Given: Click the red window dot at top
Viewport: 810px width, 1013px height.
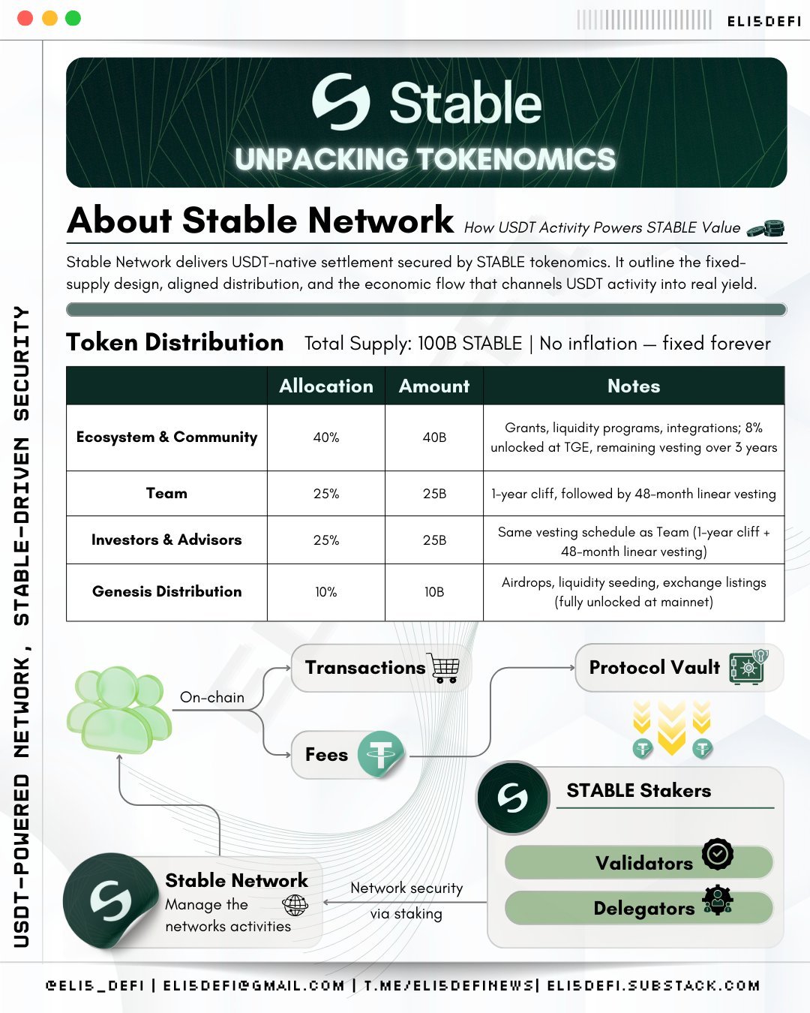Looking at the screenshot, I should click(x=25, y=18).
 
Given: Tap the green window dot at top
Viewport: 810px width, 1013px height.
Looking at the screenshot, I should click(x=73, y=18).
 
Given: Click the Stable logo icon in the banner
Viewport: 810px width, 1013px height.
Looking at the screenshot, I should click(x=341, y=102).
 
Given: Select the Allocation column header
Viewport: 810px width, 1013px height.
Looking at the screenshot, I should click(x=326, y=386).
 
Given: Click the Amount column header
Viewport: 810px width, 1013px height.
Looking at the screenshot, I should click(x=434, y=386).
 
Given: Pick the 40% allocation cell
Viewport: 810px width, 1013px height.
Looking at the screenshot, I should click(x=326, y=437).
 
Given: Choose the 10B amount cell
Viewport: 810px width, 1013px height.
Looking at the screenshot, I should click(x=434, y=592).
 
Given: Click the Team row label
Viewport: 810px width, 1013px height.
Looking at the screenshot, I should click(x=166, y=493).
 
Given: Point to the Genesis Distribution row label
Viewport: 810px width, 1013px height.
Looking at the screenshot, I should click(x=166, y=591).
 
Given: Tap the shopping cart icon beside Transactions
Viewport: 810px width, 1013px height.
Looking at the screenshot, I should click(x=445, y=667).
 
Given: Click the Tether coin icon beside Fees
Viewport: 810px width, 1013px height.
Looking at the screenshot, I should click(x=381, y=754).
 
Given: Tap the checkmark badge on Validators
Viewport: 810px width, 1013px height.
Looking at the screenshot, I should click(x=718, y=854).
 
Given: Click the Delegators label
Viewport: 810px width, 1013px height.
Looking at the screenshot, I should click(x=643, y=909).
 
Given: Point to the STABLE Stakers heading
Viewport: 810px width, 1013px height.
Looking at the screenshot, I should click(x=638, y=790).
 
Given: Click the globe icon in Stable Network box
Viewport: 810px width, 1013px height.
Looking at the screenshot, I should click(x=295, y=905).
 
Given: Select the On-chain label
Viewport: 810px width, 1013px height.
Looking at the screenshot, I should click(x=212, y=697).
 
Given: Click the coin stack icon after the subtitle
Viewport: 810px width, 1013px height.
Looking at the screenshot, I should click(x=766, y=228).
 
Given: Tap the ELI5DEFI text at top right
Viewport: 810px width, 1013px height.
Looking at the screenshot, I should click(x=764, y=21).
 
